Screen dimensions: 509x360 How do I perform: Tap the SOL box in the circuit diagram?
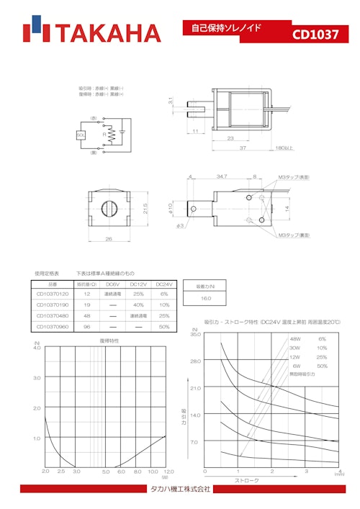[x=81, y=135]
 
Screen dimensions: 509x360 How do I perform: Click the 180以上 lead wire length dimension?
[x=286, y=148]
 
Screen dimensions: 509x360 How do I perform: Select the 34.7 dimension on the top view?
[x=221, y=176]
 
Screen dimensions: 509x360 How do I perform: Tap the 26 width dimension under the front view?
[x=109, y=238]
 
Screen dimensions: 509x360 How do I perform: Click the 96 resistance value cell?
[x=87, y=327]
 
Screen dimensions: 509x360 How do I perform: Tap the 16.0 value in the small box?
[x=206, y=297]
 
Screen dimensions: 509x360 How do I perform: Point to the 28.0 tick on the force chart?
[x=195, y=361]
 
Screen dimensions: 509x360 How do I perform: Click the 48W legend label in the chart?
[x=295, y=338]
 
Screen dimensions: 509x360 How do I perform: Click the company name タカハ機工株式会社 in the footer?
[x=180, y=489]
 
